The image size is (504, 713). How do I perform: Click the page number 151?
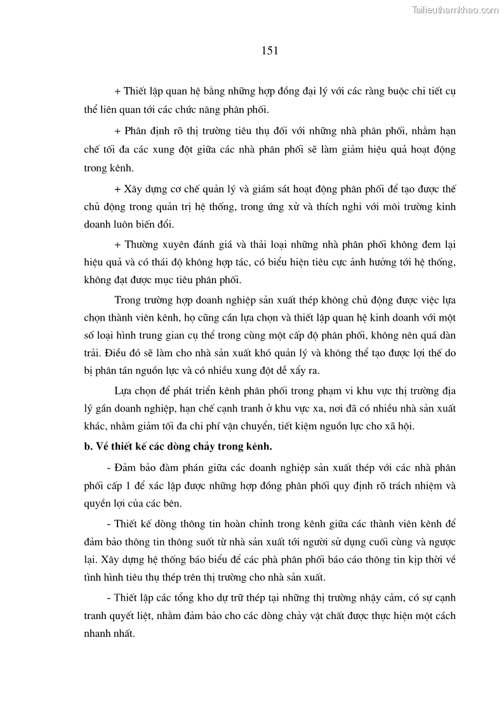coord(270,50)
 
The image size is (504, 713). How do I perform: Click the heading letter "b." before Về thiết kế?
coord(88,446)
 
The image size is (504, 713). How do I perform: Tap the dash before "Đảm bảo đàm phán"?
coord(110,468)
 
